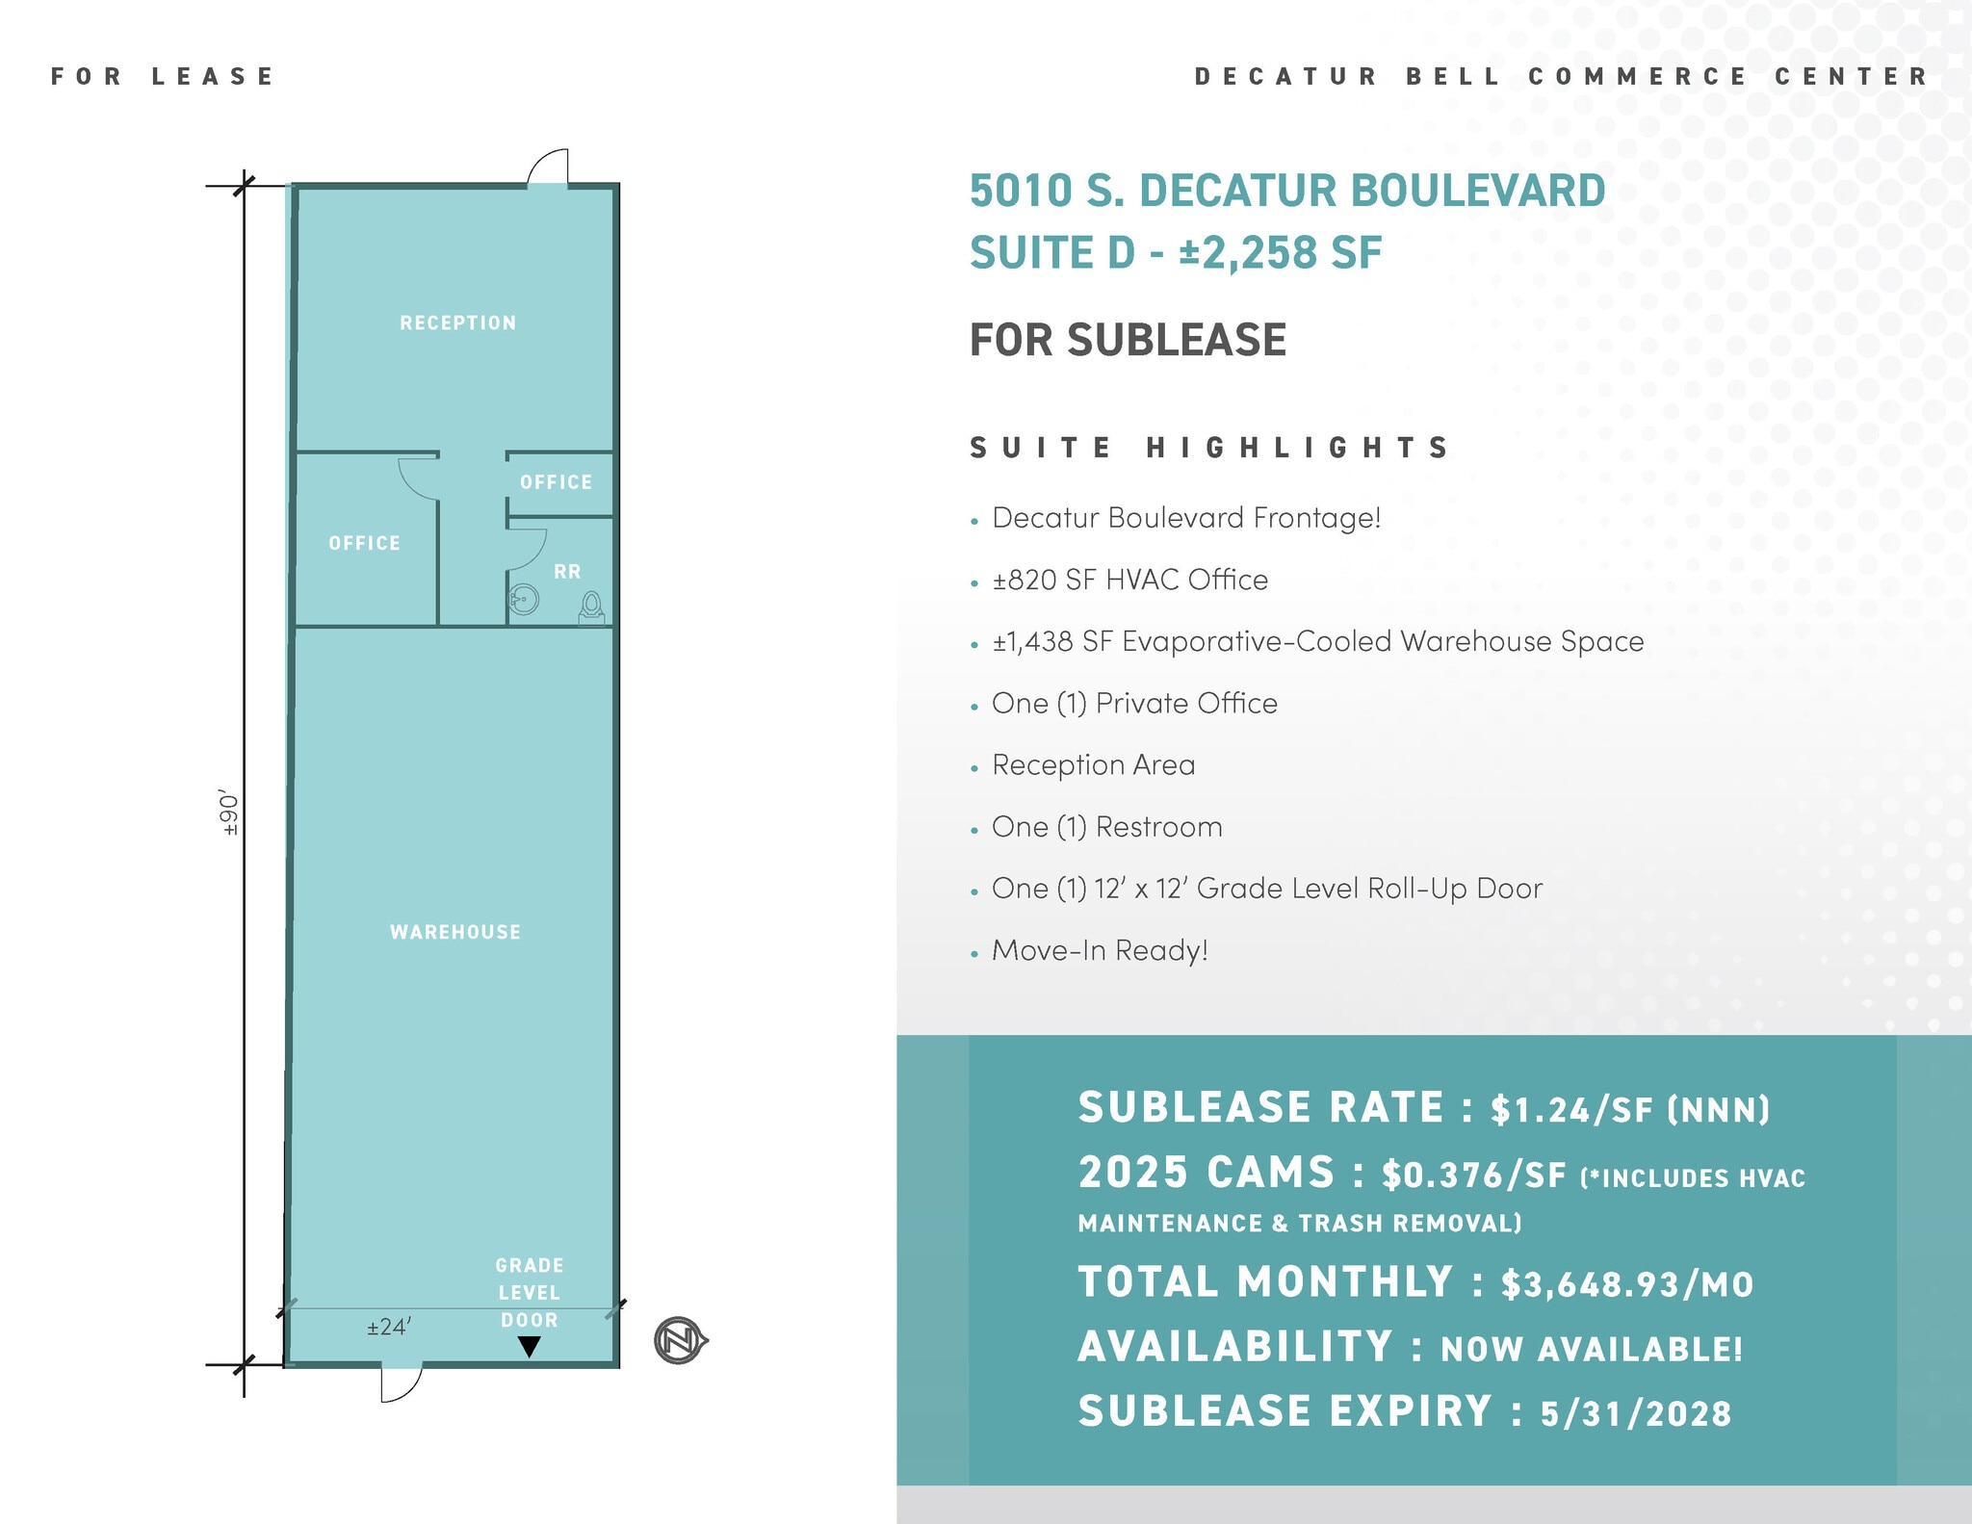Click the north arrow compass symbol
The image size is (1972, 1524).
[680, 1340]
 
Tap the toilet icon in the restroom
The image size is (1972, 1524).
[591, 607]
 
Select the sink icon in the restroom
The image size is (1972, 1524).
[524, 600]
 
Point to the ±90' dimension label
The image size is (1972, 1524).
[229, 814]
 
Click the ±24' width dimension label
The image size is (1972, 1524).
[389, 1328]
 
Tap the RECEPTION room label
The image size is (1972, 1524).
[458, 323]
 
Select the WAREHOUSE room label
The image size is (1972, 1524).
[455, 932]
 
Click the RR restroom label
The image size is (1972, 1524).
[567, 572]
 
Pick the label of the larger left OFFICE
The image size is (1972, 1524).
[364, 543]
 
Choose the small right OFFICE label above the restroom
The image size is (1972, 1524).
[557, 482]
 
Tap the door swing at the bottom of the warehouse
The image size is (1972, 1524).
[401, 1382]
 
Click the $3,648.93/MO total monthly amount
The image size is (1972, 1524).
[1627, 1284]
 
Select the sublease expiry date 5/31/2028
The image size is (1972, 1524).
[1635, 1413]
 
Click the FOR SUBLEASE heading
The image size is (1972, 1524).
[1128, 340]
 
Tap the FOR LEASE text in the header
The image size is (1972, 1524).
[163, 76]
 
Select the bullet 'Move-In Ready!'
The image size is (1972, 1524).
[1100, 951]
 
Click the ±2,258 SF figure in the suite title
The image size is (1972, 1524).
[1281, 253]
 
